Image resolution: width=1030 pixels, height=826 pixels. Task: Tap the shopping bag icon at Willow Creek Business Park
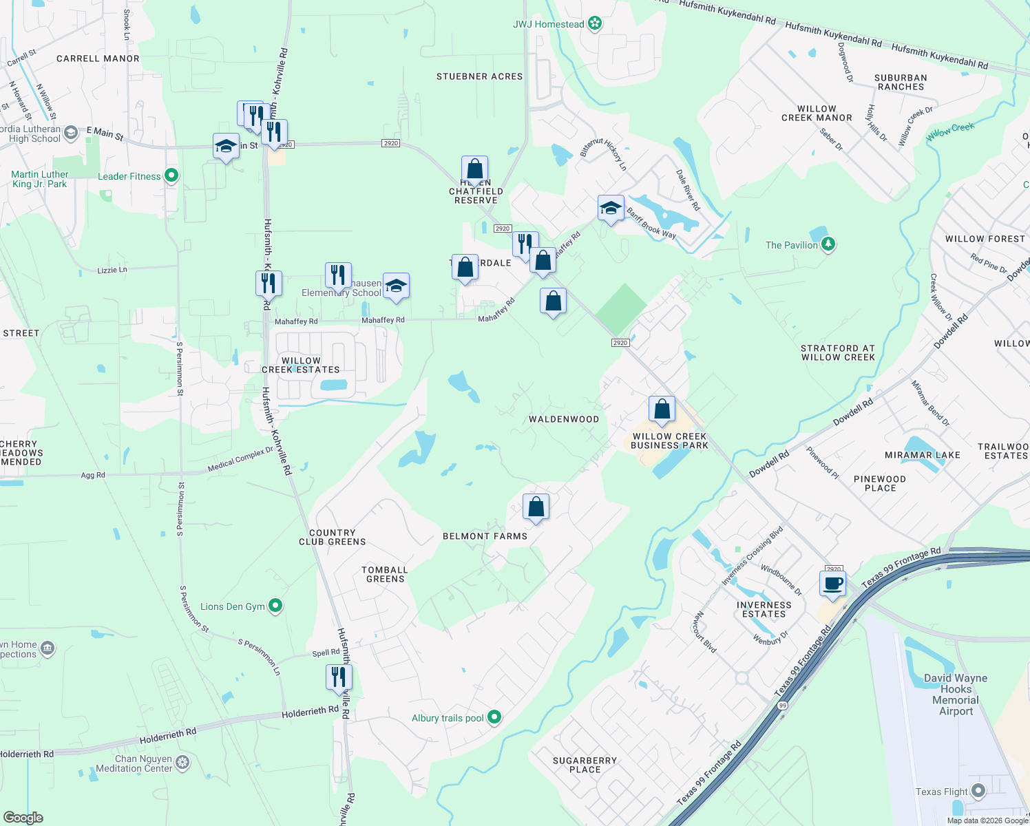662,410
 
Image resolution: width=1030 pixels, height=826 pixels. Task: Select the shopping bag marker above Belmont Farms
536,507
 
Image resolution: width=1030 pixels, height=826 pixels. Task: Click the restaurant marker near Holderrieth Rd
339,677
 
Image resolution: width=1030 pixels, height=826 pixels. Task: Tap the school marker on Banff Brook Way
611,209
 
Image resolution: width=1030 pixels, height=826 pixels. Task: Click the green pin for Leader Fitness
171,176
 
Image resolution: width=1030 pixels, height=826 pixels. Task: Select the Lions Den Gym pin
275,606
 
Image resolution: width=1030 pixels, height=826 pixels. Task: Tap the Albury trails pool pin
494,718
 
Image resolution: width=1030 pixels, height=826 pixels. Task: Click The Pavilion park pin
828,245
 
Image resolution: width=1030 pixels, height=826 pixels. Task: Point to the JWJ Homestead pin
596,24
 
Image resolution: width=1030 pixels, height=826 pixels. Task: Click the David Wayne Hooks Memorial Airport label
956,695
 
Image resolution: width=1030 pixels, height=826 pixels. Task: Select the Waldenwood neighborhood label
564,419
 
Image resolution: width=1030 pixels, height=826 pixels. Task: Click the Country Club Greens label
333,538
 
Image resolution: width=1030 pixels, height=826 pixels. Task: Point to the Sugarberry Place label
585,765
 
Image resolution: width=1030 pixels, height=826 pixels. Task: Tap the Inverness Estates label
764,610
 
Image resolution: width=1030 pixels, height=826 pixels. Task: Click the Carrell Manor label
98,59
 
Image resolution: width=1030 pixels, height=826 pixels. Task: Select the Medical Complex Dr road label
240,460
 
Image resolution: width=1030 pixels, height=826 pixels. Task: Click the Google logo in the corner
23,818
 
